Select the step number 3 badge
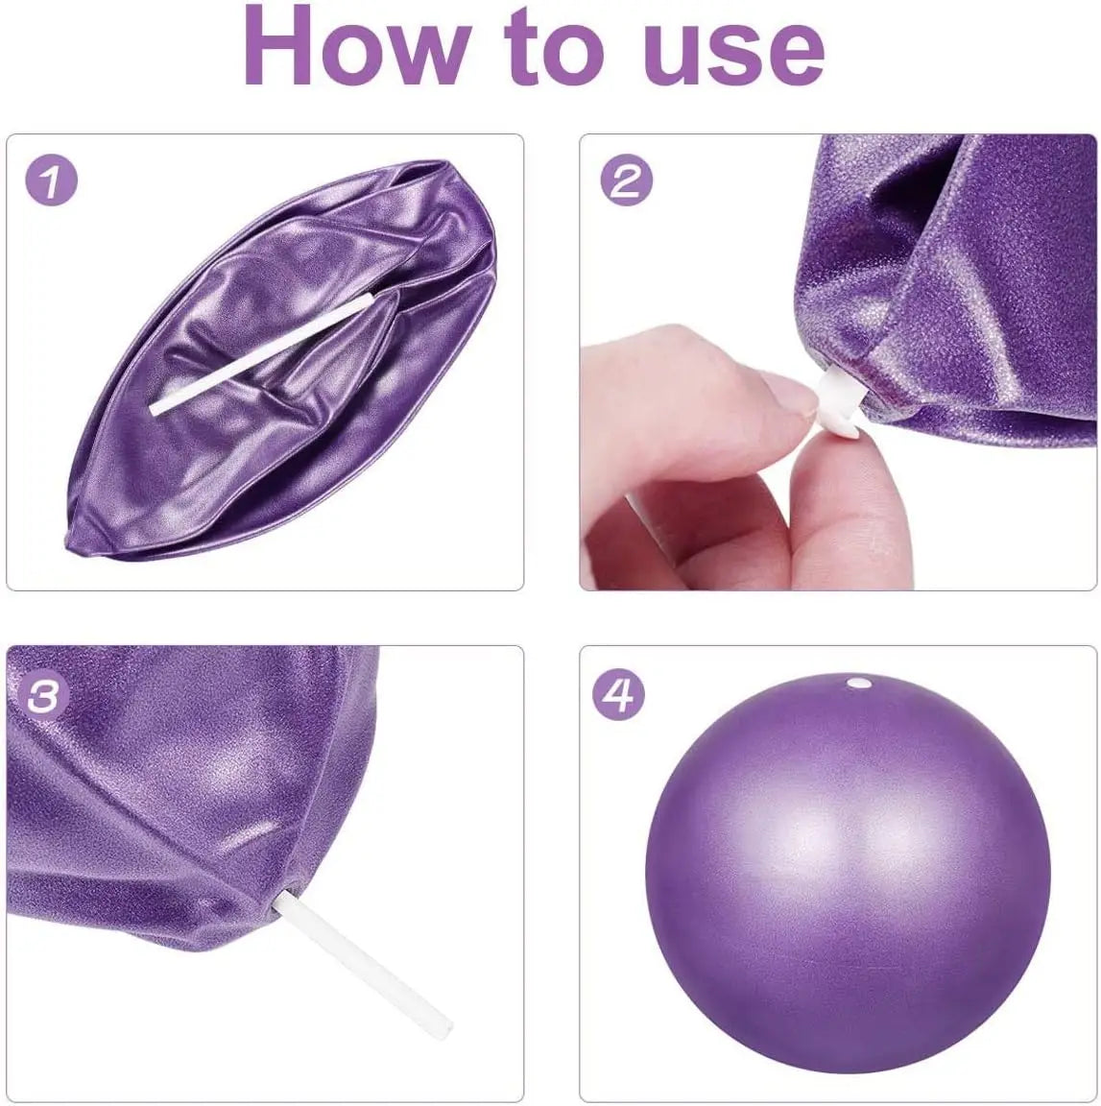[x=51, y=697]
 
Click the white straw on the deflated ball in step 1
[x=259, y=355]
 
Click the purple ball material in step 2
[x=960, y=288]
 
